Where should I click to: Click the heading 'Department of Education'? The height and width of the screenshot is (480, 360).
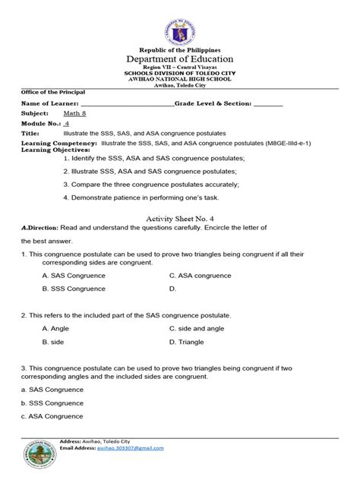[x=179, y=58]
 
